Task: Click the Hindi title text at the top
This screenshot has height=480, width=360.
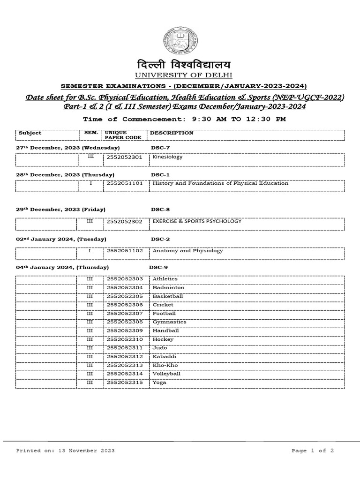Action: [180, 64]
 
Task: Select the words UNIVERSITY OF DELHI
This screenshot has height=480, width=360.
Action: [180, 75]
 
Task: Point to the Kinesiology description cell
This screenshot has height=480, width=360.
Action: [167, 157]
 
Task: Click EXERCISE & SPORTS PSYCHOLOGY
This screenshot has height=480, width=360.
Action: [197, 221]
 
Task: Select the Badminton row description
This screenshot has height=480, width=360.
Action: [168, 287]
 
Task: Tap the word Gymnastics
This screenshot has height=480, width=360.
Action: [169, 322]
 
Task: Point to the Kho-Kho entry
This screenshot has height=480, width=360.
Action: [165, 365]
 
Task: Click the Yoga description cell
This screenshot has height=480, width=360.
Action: [159, 382]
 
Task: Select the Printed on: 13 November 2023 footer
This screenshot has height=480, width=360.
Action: [65, 450]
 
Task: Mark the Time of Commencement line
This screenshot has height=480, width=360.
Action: [184, 119]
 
